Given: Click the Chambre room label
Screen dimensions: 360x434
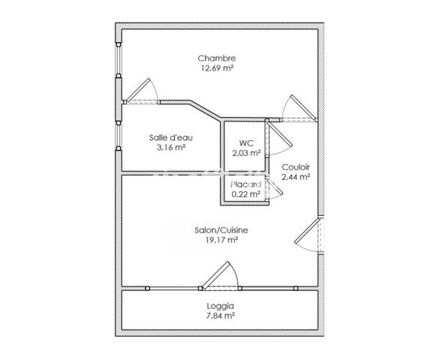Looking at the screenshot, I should [217, 58].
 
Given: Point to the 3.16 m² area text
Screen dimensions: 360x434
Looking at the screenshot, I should [170, 148].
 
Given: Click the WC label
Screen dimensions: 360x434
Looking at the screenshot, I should [246, 142].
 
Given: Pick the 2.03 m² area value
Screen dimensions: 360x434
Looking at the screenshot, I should [246, 153].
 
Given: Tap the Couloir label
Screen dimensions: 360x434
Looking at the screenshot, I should [296, 166].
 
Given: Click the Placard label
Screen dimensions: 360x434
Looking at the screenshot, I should [246, 184].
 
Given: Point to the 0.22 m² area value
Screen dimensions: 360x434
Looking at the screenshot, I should [246, 194].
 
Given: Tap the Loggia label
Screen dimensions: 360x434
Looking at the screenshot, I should [221, 306].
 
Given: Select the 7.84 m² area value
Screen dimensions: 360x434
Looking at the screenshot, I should [221, 316].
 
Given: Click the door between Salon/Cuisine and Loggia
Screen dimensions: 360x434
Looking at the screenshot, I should [219, 277].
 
